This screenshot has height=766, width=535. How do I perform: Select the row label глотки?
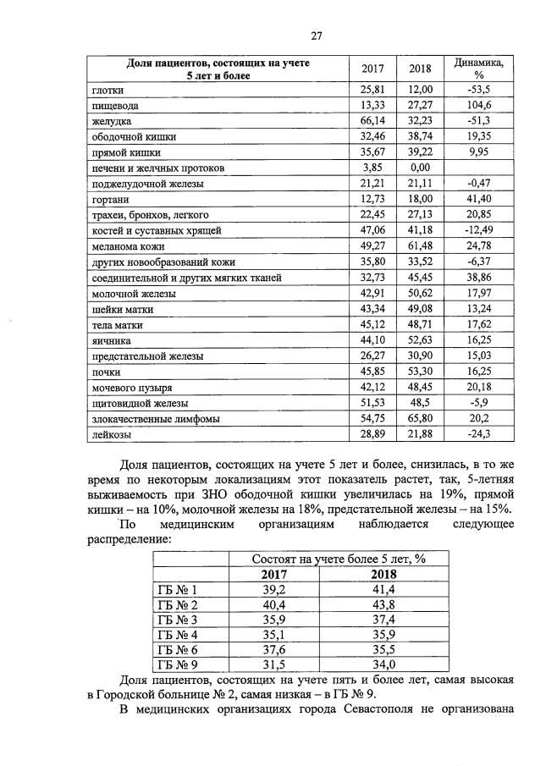pos(107,89)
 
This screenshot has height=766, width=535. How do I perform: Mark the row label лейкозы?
pos(110,434)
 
